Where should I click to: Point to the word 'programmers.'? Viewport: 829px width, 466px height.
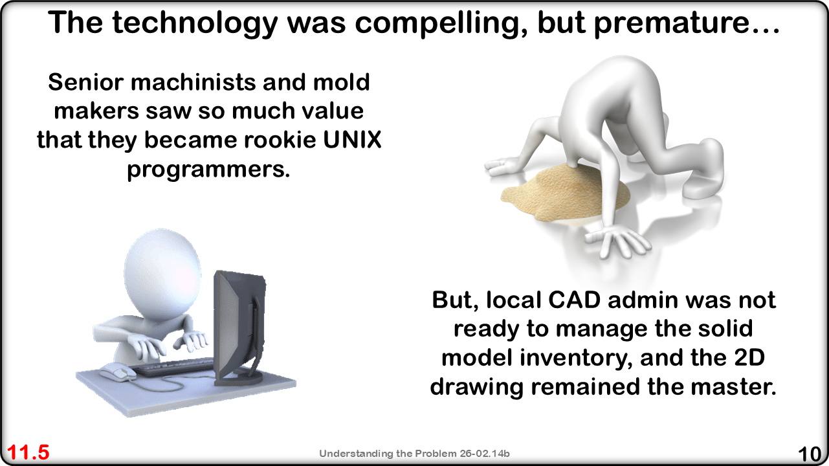(x=208, y=170)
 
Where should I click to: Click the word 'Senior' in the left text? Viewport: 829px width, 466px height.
(x=85, y=82)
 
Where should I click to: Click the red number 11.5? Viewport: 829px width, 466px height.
(x=28, y=452)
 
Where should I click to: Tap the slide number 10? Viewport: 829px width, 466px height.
(x=809, y=454)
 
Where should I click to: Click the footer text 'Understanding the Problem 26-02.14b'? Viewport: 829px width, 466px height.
(x=414, y=454)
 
